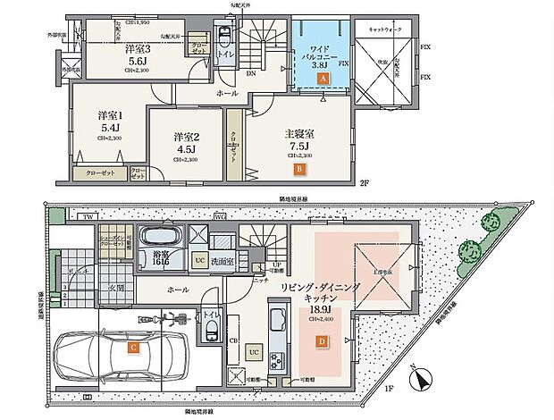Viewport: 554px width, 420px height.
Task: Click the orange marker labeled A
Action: click(323, 79)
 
